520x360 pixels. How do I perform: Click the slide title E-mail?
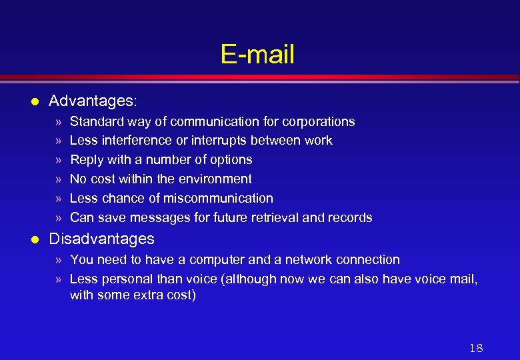(257, 55)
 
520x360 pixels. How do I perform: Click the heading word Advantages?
(91, 101)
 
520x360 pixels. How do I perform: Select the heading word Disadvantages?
(101, 239)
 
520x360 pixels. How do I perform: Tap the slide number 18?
(475, 347)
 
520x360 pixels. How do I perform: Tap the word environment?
(213, 179)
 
